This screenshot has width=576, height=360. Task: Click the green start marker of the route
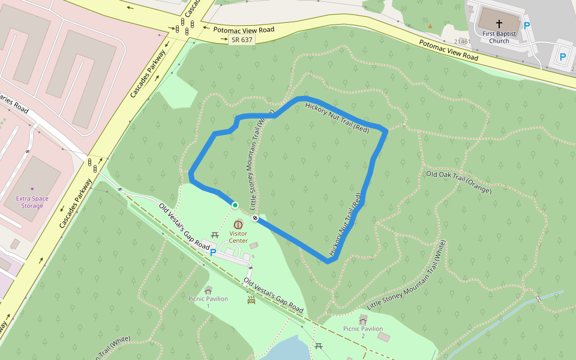pos(235,205)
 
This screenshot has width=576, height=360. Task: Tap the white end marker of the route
pos(256,218)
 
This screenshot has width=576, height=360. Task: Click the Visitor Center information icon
pos(238,224)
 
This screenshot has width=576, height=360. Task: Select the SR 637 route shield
pos(241,40)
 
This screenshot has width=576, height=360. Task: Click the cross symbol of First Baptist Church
pos(499,24)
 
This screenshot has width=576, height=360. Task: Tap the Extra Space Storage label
pos(32,202)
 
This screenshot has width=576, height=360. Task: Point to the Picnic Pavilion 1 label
pos(208,302)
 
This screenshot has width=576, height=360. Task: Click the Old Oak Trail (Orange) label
pos(458,182)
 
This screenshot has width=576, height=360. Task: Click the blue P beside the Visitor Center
pos(212,253)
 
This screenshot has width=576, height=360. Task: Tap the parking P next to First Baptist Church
pos(527,26)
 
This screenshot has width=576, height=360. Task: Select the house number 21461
pos(463,42)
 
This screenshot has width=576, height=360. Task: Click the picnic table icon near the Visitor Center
pos(214,235)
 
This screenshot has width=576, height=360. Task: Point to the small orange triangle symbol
pos(430,26)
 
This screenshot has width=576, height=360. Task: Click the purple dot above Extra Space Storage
pos(32,189)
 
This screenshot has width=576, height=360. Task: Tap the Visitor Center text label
pos(238,237)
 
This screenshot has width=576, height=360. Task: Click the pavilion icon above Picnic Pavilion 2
pos(362,318)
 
